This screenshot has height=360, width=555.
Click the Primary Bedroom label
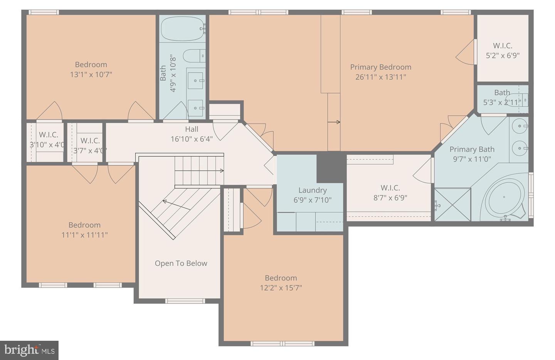click(380, 67)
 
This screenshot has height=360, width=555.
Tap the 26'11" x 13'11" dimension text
click(380, 77)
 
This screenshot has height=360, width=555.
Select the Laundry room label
click(312, 190)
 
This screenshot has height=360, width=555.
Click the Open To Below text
click(181, 263)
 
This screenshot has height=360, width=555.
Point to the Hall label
click(192, 129)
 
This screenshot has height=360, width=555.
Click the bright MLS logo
click(29, 350)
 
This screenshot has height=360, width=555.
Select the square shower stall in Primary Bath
click(452, 204)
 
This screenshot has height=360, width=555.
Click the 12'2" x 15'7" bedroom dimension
click(281, 288)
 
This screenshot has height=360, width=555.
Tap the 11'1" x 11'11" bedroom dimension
click(84, 235)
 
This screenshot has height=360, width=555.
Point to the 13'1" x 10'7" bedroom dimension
click(91, 74)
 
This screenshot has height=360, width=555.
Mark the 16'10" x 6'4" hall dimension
click(192, 139)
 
